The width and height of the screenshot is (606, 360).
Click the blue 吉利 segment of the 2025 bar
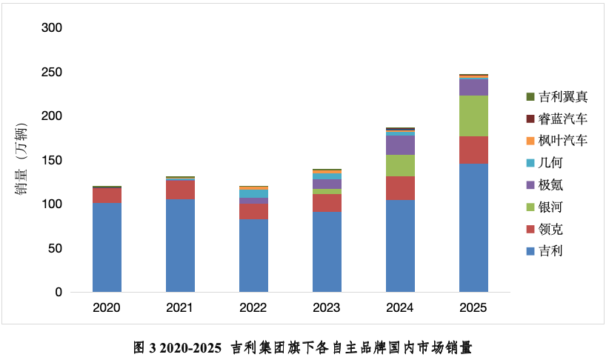[x=473, y=227]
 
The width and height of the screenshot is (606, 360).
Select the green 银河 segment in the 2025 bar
[x=473, y=116]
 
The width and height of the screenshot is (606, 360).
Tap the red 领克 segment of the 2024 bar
[x=400, y=187]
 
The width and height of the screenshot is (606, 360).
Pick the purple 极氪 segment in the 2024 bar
[x=400, y=145]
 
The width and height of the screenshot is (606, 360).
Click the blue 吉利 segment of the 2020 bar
[x=107, y=247]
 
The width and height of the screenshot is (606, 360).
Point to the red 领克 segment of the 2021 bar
[x=180, y=190]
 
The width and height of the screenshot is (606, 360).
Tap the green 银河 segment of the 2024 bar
[x=400, y=165]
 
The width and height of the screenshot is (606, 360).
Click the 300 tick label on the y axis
[x=53, y=28]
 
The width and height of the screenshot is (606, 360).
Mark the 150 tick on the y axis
[x=53, y=160]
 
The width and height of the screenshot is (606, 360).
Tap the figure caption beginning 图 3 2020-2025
[x=302, y=347]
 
